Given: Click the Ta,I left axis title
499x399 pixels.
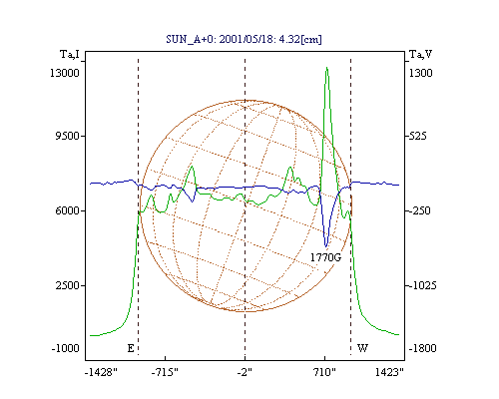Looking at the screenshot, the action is coord(70,54).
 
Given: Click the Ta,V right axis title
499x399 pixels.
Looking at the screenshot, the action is coord(420,54).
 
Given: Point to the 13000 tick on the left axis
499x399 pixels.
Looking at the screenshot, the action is coord(65,73).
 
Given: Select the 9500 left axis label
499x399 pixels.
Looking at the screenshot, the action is coord(67,136).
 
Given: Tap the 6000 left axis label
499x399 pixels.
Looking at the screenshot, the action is coord(67,210).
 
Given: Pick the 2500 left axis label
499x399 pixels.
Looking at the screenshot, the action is coord(67,285).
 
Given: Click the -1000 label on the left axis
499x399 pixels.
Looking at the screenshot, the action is coord(66,348).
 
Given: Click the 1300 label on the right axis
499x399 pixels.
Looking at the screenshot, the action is coord(420,73).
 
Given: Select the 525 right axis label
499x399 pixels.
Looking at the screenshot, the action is coord(417,136).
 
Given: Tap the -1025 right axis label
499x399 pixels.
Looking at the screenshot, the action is coord(422,285).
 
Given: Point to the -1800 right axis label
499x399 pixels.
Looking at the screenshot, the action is coord(422,348).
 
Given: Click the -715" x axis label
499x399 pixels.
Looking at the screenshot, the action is coord(165,372).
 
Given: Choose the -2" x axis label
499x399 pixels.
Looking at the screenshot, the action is coord(245,372).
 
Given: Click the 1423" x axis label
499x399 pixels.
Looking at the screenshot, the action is coord(389,372).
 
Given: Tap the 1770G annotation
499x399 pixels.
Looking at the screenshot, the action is coord(326,257).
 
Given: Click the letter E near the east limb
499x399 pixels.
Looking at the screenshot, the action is coord(131,348).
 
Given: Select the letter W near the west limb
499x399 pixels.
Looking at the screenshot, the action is coord(362,348).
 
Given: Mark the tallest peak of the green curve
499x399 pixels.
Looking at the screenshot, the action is coord(327,68).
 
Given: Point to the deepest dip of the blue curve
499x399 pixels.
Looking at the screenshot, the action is coord(326,247).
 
